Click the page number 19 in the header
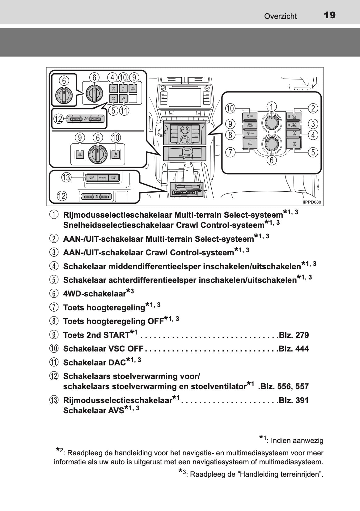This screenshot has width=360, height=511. (330, 15)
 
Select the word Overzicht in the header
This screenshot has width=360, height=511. (280, 16)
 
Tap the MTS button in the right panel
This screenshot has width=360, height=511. (294, 116)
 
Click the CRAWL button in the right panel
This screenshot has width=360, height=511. (294, 125)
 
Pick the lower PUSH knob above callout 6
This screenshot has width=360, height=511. (271, 144)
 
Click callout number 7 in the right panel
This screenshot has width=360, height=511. (231, 152)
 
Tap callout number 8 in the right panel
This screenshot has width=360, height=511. (231, 135)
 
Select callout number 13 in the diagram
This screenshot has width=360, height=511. (66, 177)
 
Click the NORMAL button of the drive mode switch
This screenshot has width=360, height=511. (102, 178)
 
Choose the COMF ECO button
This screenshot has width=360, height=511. (91, 178)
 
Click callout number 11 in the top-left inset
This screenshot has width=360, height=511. (124, 111)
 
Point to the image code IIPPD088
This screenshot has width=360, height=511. (312, 202)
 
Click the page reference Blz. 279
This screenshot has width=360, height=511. (294, 335)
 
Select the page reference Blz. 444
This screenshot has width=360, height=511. (294, 349)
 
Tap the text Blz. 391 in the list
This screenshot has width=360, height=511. (294, 400)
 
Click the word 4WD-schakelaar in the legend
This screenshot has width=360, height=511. (95, 294)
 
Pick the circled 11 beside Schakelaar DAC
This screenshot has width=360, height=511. (54, 362)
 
